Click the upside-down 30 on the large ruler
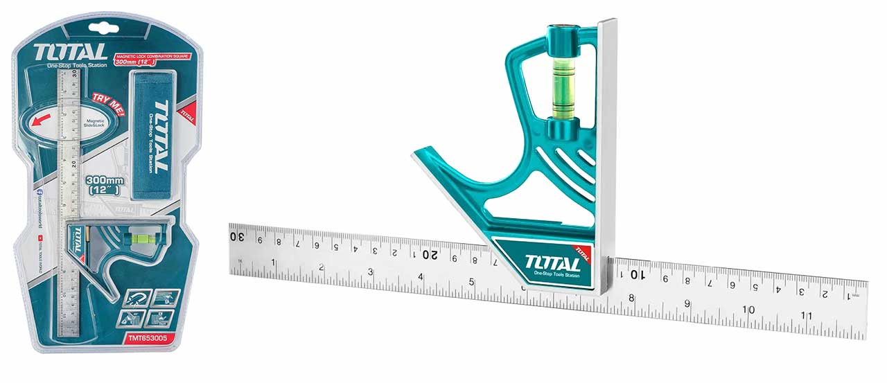(237, 236)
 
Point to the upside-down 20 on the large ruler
(430, 253)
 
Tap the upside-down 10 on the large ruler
(637, 275)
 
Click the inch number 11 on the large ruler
(807, 316)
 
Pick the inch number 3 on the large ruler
(371, 271)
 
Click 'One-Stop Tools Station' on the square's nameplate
(552, 276)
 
